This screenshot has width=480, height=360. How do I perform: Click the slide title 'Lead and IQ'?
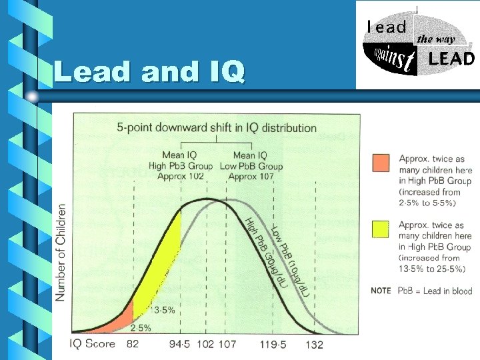(149, 71)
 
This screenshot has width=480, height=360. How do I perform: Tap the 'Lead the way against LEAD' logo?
(418, 45)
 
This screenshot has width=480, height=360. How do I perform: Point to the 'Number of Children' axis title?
(61, 252)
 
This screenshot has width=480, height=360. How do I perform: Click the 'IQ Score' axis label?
(93, 344)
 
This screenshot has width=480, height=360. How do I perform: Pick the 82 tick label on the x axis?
(133, 344)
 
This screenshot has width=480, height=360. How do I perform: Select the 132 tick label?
(314, 344)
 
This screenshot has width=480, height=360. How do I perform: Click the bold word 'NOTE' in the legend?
(381, 291)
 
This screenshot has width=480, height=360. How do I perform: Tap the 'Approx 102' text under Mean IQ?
(181, 176)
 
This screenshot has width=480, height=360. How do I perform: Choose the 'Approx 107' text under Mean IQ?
(251, 176)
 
